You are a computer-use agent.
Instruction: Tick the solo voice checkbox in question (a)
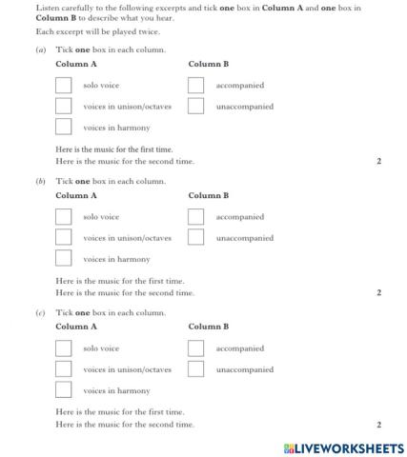point(64,86)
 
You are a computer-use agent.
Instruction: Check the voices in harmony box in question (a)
point(64,127)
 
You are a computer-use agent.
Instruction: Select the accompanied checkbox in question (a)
point(196,86)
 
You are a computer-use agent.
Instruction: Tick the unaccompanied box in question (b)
point(196,237)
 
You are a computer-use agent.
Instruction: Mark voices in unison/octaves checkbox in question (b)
point(64,237)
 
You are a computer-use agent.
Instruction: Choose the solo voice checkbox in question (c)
point(64,348)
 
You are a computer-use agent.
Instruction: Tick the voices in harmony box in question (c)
point(64,389)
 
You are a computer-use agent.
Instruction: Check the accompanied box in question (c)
point(196,348)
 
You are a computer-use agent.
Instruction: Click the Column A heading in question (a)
point(76,65)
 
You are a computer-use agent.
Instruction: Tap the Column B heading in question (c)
point(209,328)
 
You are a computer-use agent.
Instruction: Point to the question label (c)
point(40,312)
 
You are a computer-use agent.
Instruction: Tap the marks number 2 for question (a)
point(378,162)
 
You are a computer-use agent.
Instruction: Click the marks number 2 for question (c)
point(378,425)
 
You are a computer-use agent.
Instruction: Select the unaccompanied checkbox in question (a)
point(196,106)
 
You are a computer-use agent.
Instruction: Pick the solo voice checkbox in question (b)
point(64,217)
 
